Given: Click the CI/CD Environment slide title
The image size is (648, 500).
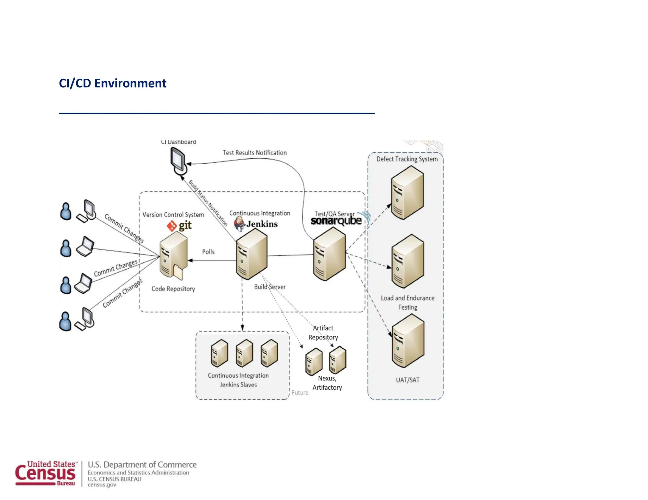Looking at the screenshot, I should click(112, 83).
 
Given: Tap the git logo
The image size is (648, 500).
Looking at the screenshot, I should click(179, 226).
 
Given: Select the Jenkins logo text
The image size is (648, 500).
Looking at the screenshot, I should click(262, 224).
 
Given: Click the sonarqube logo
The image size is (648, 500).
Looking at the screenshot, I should click(336, 221).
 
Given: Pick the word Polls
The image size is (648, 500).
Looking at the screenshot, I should click(208, 252).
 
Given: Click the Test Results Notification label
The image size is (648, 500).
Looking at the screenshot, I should click(255, 153).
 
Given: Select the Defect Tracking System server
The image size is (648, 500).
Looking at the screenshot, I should click(407, 193).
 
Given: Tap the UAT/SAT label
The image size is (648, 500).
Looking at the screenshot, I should click(408, 380).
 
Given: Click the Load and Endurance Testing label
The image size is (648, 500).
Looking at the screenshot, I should click(408, 302).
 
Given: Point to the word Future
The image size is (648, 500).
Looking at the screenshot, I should click(300, 393).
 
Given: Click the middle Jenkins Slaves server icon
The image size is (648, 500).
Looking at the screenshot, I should click(244, 353).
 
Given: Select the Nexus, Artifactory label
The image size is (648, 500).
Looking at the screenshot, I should click(327, 383).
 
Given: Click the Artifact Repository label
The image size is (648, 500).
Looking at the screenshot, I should click(323, 332).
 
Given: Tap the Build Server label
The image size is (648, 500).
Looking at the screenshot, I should click(270, 287).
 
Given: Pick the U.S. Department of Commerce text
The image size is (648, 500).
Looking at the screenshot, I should click(142, 465).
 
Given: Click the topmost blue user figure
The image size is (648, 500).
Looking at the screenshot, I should click(66, 211).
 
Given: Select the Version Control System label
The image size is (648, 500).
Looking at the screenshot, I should click(173, 215).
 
